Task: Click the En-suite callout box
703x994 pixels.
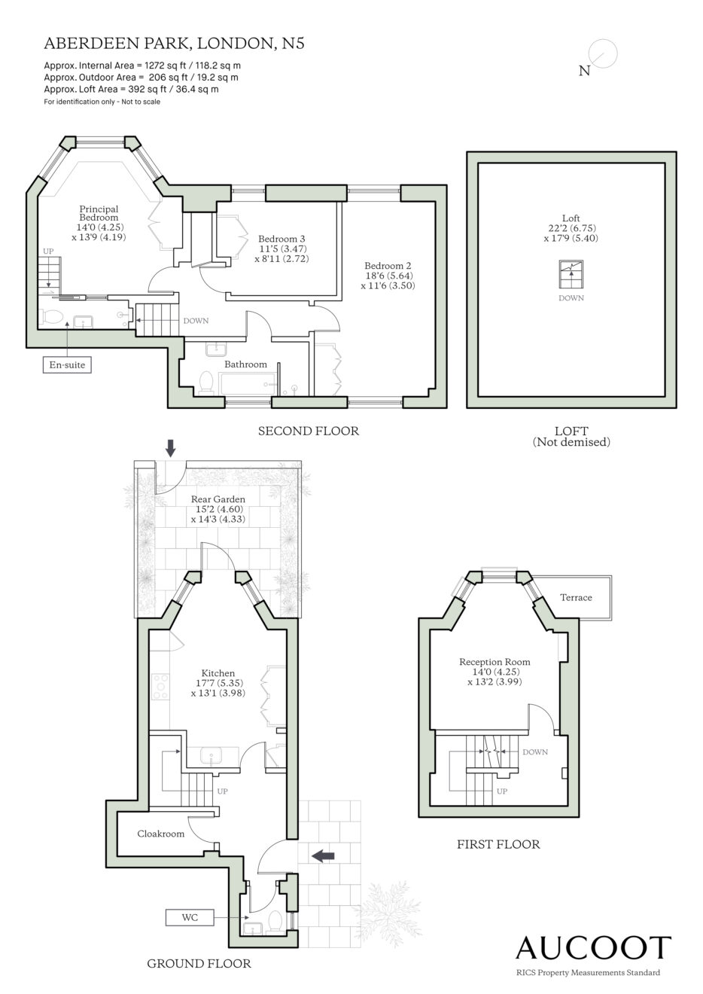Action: [67, 364]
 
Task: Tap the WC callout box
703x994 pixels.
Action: [190, 917]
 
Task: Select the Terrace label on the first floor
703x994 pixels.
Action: [576, 597]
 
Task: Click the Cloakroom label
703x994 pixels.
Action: [160, 834]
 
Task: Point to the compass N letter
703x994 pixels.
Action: [584, 71]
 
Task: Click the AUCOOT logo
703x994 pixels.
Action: [593, 948]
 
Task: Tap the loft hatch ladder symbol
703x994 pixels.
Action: [571, 275]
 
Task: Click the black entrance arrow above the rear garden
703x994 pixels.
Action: [171, 448]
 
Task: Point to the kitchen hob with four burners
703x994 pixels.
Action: [160, 687]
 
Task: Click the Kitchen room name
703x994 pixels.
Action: [218, 673]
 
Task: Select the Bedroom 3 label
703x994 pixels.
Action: [282, 239]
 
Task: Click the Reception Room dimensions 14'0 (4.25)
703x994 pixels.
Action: [495, 672]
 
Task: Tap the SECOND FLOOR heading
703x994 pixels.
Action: [309, 431]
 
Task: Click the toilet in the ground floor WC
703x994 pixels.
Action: [275, 921]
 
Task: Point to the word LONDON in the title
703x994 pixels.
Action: [235, 44]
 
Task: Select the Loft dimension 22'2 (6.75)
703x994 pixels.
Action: [571, 228]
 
